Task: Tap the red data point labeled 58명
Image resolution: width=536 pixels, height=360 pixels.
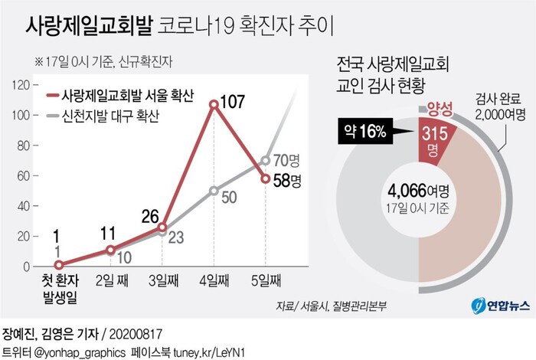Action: pos(265,178)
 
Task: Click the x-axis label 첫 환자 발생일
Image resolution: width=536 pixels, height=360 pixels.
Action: pos(59,288)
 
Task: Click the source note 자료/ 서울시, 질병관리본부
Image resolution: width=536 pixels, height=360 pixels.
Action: pos(332,306)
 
